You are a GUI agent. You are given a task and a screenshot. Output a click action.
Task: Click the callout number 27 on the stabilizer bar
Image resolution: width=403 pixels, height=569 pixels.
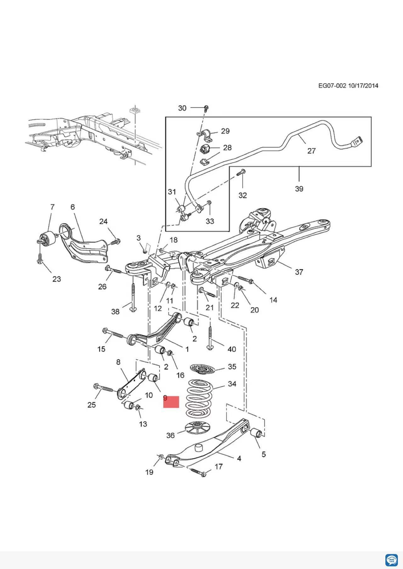coord(311,151)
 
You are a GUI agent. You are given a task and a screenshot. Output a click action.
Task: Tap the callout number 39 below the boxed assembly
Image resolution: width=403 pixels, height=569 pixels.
coord(299,189)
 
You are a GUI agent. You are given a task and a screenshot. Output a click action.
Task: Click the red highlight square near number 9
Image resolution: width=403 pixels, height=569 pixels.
coord(171,402)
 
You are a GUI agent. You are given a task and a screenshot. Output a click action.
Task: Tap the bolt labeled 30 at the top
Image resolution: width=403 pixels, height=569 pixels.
coord(206,108)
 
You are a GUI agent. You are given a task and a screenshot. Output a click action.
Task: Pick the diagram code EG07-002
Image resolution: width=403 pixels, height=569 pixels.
coord(332,86)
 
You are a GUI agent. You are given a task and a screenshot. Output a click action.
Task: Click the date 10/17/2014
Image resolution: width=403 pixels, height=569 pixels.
coord(363,86)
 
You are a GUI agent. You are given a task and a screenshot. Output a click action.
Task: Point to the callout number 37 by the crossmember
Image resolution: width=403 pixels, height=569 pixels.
coord(299,272)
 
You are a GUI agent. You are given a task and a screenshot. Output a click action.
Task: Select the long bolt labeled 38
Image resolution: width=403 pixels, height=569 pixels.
coord(133,297)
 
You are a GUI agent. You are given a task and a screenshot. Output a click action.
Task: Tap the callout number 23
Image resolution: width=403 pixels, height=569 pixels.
coord(57,279)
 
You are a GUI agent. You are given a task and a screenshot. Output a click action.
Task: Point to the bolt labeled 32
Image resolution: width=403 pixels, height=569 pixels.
coord(243,173)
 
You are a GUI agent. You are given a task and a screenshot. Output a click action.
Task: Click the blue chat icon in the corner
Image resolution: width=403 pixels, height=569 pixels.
coord(391,560)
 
